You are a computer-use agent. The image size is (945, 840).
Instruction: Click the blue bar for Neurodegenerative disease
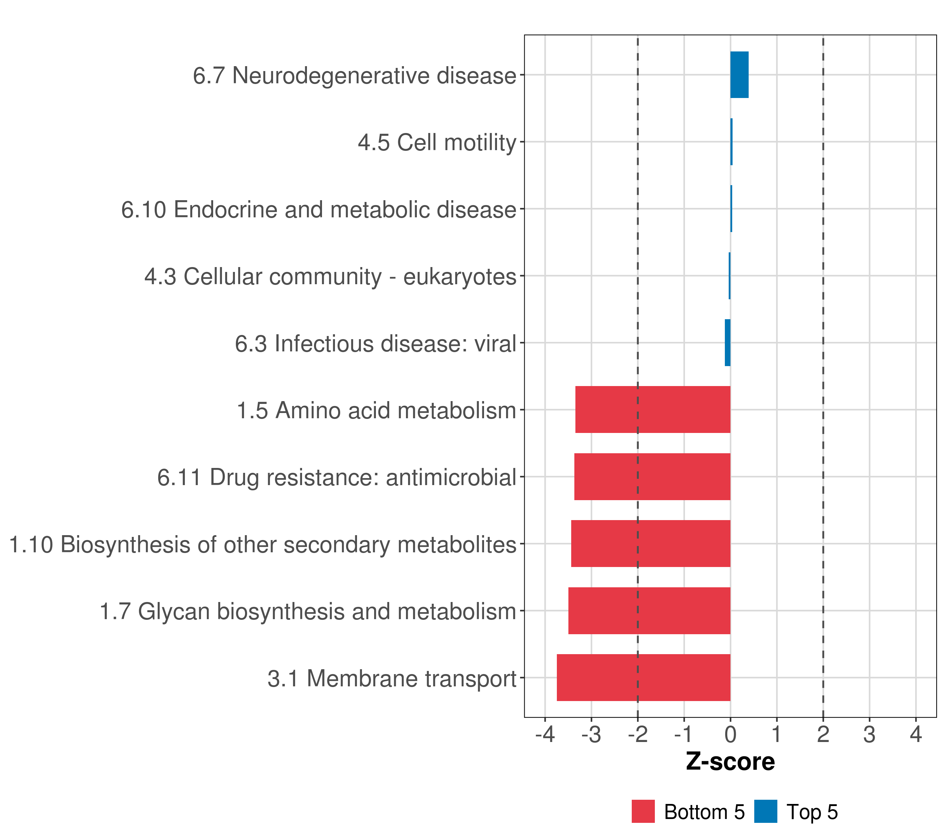click(x=739, y=75)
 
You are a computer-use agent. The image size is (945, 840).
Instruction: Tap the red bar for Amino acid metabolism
click(x=652, y=409)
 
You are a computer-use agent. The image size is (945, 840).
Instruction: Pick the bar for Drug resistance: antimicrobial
click(x=652, y=477)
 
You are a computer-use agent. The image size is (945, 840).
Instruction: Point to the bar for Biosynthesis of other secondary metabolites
click(x=651, y=544)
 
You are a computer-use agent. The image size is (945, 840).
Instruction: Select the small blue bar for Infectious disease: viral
click(x=727, y=343)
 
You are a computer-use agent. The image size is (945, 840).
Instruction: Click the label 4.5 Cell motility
click(x=436, y=142)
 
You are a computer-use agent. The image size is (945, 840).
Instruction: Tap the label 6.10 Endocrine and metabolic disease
click(x=318, y=209)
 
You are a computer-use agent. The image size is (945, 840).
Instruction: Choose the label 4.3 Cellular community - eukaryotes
click(x=330, y=276)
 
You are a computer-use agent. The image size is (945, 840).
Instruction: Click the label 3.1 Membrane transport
click(x=392, y=679)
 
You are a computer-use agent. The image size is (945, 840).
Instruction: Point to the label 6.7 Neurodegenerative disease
click(x=354, y=75)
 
